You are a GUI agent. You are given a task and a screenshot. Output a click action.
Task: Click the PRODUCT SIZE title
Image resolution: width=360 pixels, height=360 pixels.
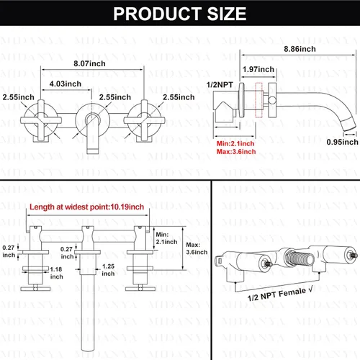tap(180, 14)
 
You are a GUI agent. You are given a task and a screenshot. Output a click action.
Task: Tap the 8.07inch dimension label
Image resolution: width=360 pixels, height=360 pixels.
tap(89, 63)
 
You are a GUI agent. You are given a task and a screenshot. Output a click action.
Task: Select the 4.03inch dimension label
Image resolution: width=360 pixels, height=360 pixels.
tap(66, 84)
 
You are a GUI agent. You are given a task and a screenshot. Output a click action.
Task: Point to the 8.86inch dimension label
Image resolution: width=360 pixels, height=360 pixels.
tap(300, 49)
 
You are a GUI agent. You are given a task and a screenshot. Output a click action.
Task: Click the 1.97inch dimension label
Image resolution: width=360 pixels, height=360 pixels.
tap(258, 69)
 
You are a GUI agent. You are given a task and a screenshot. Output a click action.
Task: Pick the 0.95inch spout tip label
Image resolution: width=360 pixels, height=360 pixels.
tap(342, 142)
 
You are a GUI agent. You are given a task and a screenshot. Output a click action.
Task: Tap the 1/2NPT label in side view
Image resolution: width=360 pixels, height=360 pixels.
tap(220, 85)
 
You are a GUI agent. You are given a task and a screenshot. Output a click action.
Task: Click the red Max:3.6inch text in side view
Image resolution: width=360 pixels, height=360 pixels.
tap(236, 152)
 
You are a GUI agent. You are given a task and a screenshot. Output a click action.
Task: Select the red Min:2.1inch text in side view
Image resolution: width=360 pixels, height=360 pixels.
tap(235, 143)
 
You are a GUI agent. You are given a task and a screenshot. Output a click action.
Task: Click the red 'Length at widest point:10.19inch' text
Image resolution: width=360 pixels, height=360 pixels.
tap(86, 207)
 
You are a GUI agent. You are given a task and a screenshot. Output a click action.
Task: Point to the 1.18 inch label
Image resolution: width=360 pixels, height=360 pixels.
tap(56, 273)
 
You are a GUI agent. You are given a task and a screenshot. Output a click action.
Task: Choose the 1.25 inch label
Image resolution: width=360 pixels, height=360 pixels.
tap(108, 270)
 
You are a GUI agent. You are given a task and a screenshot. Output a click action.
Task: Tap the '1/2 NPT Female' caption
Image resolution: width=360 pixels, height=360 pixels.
tap(280, 294)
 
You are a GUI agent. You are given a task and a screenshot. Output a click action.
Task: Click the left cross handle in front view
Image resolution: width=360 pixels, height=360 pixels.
tap(41, 120)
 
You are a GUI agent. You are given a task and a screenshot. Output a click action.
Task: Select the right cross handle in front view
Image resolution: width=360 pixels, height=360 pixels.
tap(144, 120)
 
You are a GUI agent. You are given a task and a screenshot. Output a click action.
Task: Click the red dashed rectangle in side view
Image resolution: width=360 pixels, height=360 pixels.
tap(258, 100)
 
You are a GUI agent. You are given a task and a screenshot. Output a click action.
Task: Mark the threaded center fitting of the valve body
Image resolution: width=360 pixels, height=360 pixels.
tap(300, 258)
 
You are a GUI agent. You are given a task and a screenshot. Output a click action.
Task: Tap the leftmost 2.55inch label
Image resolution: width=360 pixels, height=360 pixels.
tap(19, 97)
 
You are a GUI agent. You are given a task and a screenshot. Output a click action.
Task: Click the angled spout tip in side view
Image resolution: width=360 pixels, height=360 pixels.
tap(348, 124)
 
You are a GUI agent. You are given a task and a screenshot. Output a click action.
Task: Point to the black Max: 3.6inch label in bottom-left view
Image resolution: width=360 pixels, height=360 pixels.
tap(197, 248)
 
